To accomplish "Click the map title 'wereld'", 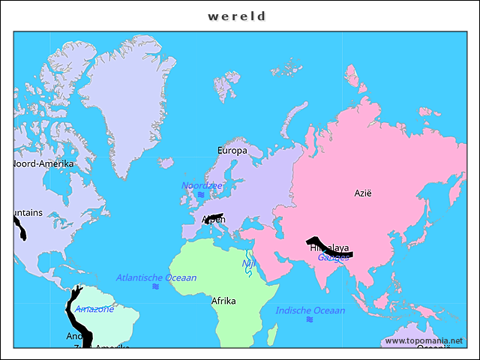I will pos(237,16).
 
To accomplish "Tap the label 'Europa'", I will pos(232,151).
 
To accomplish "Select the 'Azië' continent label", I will pos(363,193).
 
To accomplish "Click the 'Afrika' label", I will pos(223,301).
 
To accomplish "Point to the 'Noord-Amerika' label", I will pos(43,163).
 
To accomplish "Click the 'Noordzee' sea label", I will pos(201,185).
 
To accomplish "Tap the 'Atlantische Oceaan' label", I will pos(156,277).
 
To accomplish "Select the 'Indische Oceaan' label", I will pos(310,310).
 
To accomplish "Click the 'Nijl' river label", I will pos(248,263).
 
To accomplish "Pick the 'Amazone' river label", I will pos(94,309).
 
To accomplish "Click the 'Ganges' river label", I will pos(333,257).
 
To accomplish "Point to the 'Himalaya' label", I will pos(329,247).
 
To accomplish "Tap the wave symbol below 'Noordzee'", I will pos(201,195).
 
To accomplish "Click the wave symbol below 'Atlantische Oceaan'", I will pos(155,286).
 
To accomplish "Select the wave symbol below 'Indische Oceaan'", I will pos(310,319).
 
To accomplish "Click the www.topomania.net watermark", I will pos(424,340).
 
